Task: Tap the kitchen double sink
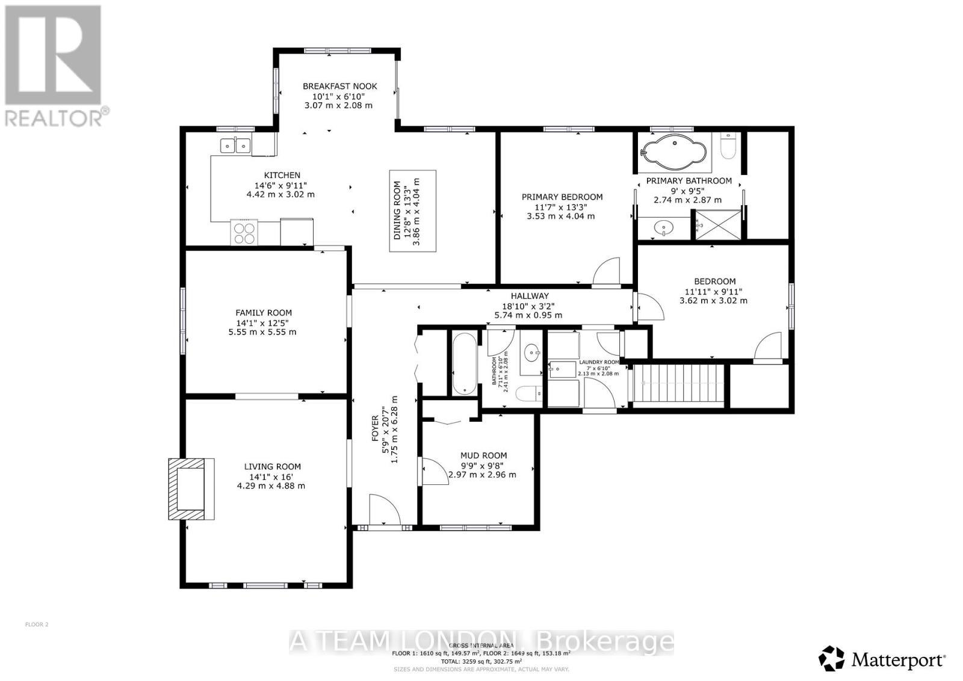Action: click(x=235, y=146)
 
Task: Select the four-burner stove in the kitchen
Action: click(x=243, y=233)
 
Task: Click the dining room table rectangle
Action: click(x=412, y=210)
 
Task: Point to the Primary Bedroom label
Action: click(x=562, y=197)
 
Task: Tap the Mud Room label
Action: click(x=483, y=455)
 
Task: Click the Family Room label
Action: click(x=263, y=313)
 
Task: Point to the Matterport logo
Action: click(x=882, y=659)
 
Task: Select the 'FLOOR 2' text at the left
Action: click(x=37, y=624)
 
